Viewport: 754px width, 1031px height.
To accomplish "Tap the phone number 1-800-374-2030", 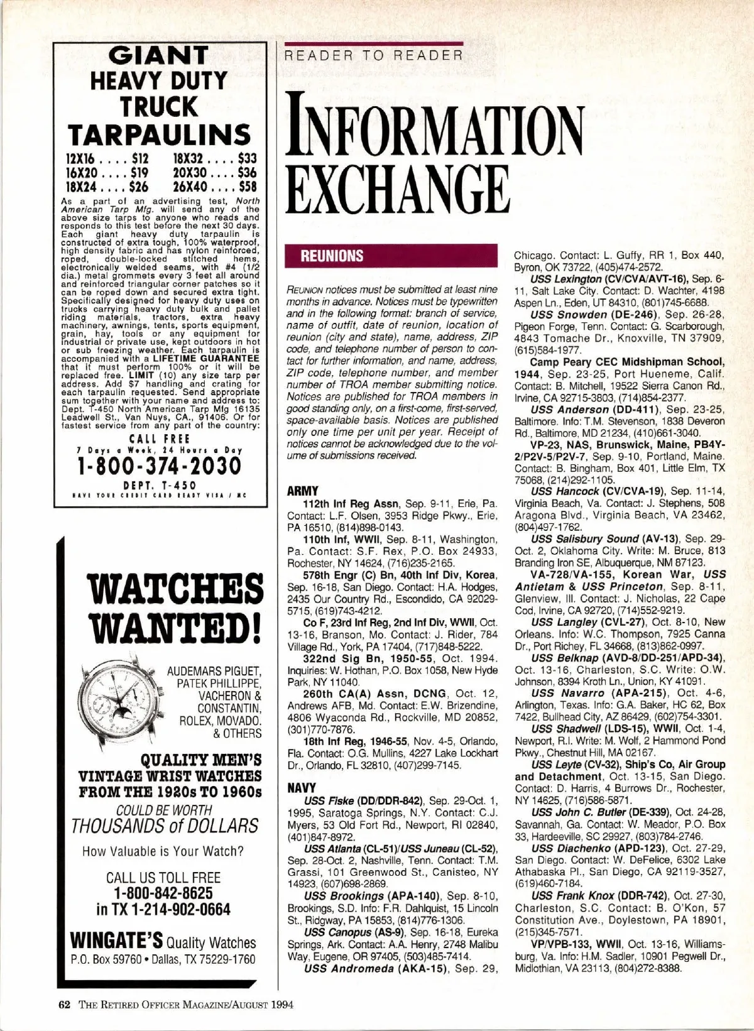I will [159, 466].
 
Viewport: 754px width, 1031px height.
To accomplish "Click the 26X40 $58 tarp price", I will [214, 187].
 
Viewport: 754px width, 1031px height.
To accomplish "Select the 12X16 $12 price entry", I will [104, 159].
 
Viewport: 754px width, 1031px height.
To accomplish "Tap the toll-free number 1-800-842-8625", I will [163, 893].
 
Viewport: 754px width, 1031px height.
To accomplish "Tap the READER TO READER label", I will [374, 55].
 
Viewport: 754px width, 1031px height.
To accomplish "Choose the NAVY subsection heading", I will [302, 787].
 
